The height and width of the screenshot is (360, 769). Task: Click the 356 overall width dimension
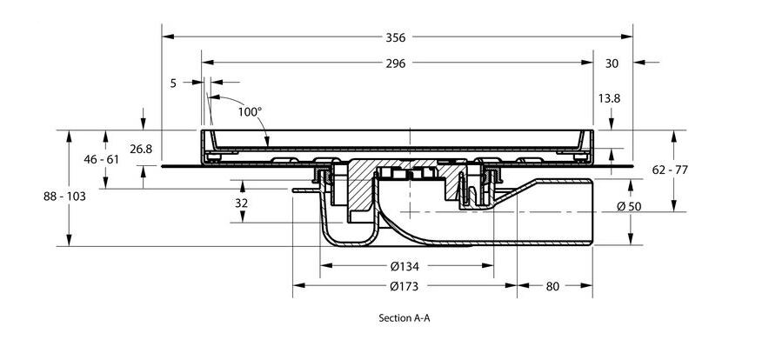pyautogui.click(x=397, y=37)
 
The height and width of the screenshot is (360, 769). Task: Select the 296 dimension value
pyautogui.click(x=397, y=63)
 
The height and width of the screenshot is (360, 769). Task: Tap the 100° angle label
pyautogui.click(x=250, y=111)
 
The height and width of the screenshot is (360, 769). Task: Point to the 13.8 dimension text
pyautogui.click(x=610, y=98)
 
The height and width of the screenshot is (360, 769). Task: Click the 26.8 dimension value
pyautogui.click(x=141, y=150)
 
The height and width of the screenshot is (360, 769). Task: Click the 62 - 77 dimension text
pyautogui.click(x=670, y=170)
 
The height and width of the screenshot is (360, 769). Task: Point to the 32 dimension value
pyautogui.click(x=241, y=203)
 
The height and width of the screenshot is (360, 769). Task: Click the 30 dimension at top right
pyautogui.click(x=612, y=63)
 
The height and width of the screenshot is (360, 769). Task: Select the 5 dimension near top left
pyautogui.click(x=173, y=83)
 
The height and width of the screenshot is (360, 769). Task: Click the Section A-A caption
pyautogui.click(x=405, y=318)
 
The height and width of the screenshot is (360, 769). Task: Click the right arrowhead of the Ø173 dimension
pyautogui.click(x=513, y=283)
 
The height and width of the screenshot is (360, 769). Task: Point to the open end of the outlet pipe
pyautogui.click(x=592, y=211)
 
